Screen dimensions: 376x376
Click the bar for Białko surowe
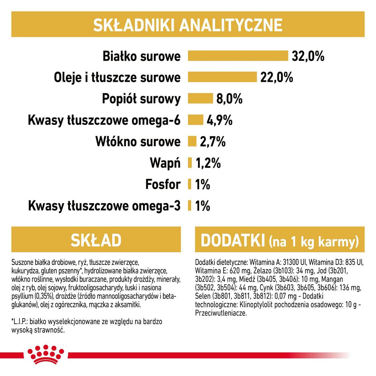238,56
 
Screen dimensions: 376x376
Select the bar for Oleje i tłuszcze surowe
222,77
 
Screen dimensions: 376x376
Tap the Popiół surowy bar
200,99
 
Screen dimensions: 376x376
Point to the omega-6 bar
195,120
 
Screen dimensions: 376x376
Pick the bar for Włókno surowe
192,142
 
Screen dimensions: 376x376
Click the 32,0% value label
308,56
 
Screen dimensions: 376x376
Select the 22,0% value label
277,77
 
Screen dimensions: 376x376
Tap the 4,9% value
219,120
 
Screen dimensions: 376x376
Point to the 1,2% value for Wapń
208,163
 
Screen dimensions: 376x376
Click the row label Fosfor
163,185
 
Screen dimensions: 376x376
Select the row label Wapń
165,163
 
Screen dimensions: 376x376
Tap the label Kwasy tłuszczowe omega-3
104,206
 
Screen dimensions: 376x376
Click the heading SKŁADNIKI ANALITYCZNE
188,25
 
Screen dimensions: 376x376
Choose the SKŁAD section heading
96,240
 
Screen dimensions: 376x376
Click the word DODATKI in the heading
231,240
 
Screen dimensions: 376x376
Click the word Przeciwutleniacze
221,313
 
